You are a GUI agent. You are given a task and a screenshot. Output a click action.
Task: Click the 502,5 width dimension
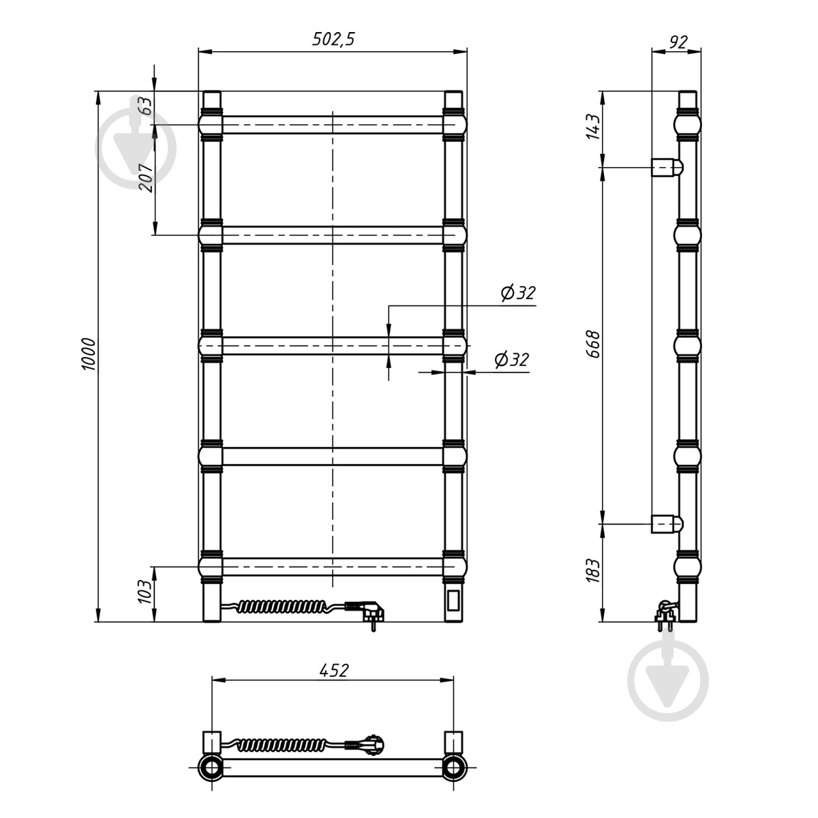(x=333, y=39)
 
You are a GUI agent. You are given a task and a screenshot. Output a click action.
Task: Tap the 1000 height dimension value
(x=89, y=354)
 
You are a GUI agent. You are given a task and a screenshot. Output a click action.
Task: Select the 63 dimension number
(x=146, y=106)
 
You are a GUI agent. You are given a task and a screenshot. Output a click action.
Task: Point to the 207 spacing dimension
(x=146, y=178)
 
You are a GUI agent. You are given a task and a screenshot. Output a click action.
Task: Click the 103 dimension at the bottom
(x=145, y=591)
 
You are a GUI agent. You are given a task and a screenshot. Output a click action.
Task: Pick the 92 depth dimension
(x=678, y=42)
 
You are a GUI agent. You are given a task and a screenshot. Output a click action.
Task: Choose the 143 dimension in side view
(x=593, y=127)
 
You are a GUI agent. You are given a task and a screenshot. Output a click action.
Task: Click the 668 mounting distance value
(x=594, y=344)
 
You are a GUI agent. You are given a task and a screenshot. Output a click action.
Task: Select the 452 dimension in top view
(x=333, y=669)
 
